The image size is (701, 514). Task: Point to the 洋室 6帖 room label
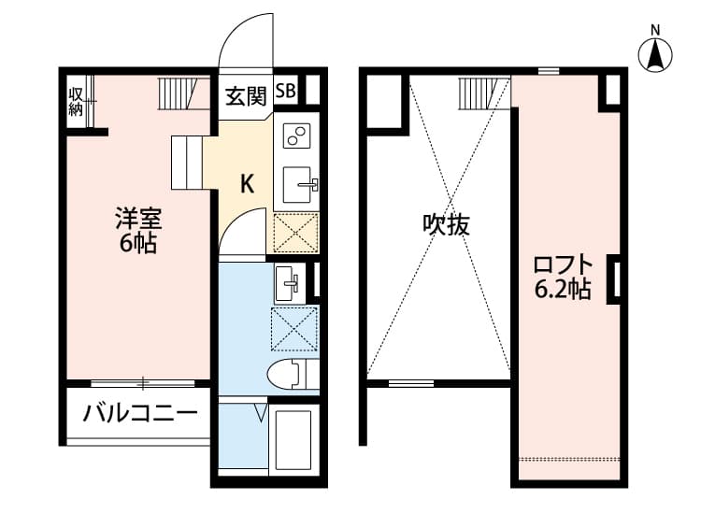coord(137,232)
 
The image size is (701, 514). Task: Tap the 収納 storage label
coord(76,102)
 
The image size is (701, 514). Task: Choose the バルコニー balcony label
coord(140,413)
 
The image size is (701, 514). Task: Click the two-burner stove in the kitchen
coord(298,137)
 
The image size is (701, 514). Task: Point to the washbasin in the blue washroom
coord(289,281)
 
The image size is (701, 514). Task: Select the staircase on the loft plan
coord(477,93)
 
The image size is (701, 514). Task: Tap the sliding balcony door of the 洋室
coord(143,382)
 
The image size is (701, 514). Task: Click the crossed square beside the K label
coord(295,233)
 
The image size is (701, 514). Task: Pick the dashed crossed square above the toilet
coord(294,329)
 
